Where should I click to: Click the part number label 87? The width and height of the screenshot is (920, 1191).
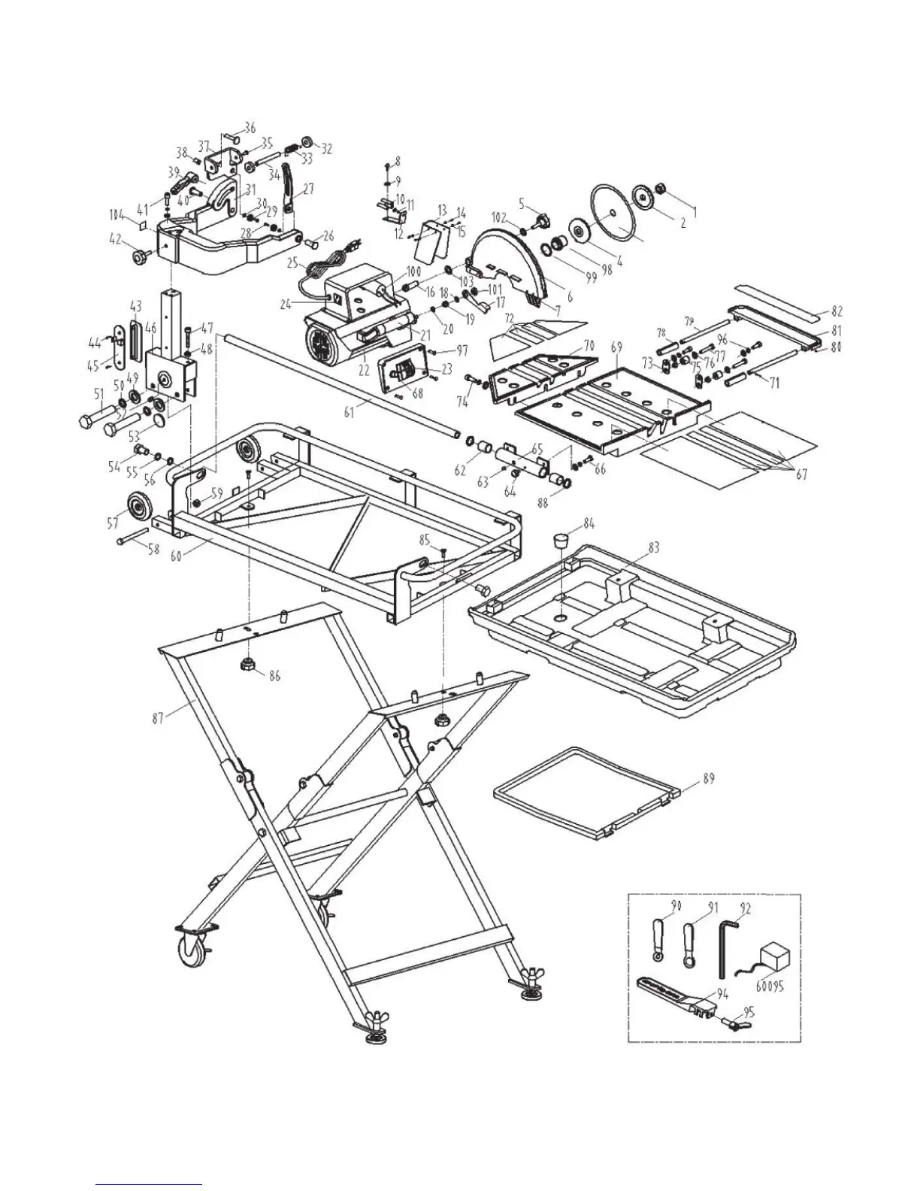[157, 718]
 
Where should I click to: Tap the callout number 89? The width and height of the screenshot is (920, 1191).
[709, 779]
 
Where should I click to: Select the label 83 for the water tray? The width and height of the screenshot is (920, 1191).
[653, 548]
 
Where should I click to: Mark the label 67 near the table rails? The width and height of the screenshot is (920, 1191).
[802, 475]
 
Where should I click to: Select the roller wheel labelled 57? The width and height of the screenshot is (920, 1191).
[138, 503]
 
